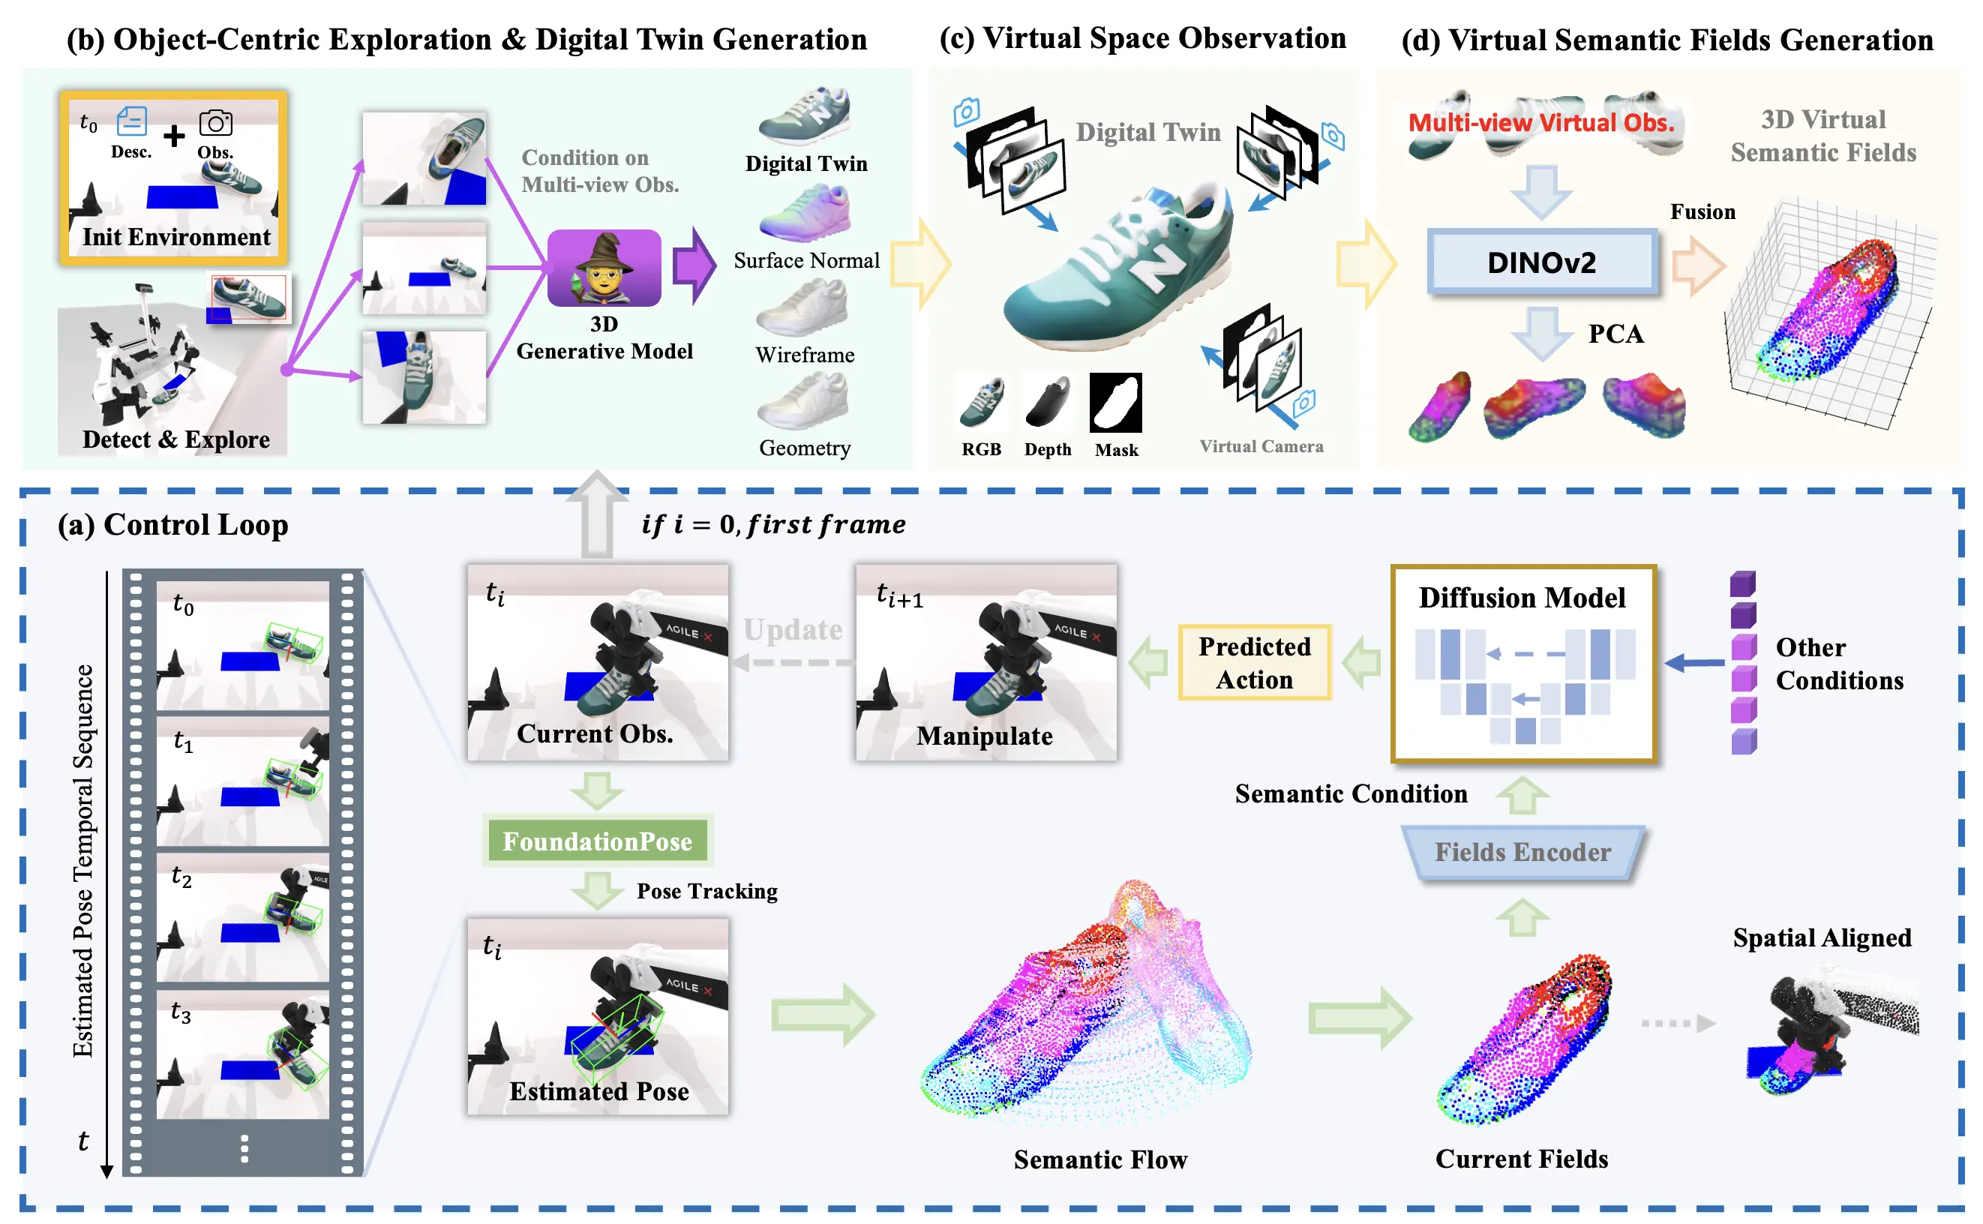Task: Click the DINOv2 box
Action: click(1542, 262)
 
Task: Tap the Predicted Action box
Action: click(1254, 662)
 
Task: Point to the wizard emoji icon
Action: click(604, 267)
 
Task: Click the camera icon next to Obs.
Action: click(215, 123)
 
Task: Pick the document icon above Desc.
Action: click(131, 121)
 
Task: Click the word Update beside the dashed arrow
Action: click(793, 630)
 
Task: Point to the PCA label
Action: click(1615, 334)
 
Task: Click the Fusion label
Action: click(1703, 212)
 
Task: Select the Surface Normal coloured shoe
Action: click(805, 212)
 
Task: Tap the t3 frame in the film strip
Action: click(243, 1054)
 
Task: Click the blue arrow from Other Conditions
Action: click(1694, 662)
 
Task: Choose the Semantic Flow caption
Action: click(1100, 1159)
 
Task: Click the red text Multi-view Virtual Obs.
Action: click(1541, 123)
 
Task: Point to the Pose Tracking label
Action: click(706, 891)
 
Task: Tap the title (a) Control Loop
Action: click(173, 524)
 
